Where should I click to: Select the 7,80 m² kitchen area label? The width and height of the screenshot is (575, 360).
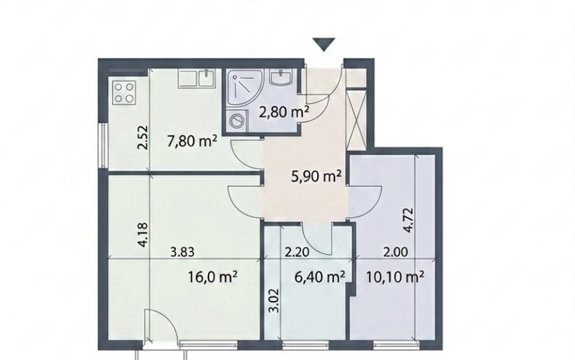[x=192, y=141]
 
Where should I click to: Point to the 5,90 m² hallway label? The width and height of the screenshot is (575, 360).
[x=317, y=177]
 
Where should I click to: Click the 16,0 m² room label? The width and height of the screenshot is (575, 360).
[x=212, y=277]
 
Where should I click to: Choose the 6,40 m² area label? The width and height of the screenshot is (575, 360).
[x=320, y=277]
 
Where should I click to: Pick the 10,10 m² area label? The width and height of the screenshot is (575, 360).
[x=396, y=277]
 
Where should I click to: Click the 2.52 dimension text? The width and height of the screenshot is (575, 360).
[x=142, y=138]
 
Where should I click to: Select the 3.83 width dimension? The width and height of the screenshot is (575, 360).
[x=182, y=252]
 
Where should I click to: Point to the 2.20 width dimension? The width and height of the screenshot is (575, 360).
[x=297, y=252]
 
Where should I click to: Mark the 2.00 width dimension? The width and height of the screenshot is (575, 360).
[x=396, y=252]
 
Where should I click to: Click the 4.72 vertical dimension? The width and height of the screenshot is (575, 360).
[x=408, y=220]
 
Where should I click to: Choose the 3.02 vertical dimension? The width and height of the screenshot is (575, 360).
[x=274, y=300]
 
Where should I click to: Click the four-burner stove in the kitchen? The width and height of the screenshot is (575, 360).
[x=124, y=93]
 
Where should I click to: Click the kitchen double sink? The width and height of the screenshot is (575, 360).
[x=198, y=79]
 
